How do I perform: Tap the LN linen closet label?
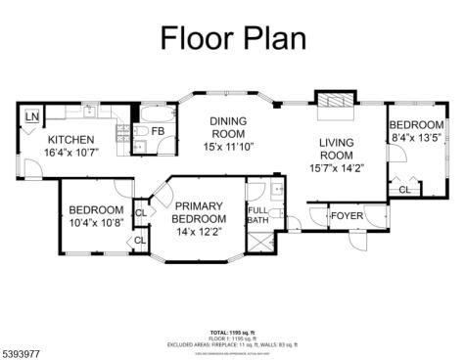pyautogui.click(x=32, y=118)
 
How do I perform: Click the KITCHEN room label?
pyautogui.click(x=71, y=140)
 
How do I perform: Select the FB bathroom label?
pyautogui.click(x=157, y=131)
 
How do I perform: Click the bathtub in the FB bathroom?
pyautogui.click(x=155, y=112)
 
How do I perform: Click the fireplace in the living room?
pyautogui.click(x=330, y=103)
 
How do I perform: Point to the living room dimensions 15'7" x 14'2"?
pyautogui.click(x=336, y=167)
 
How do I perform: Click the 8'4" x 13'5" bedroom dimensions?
pyautogui.click(x=417, y=138)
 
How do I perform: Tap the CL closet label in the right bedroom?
pyautogui.click(x=403, y=189)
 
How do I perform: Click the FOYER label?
pyautogui.click(x=347, y=215)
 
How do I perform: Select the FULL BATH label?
pyautogui.click(x=257, y=216)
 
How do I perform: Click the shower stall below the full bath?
pyautogui.click(x=262, y=245)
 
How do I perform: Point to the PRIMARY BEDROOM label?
pyautogui.click(x=201, y=212)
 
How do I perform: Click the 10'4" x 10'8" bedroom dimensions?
pyautogui.click(x=95, y=222)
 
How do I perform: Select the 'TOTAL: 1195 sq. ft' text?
pyautogui.click(x=232, y=333)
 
